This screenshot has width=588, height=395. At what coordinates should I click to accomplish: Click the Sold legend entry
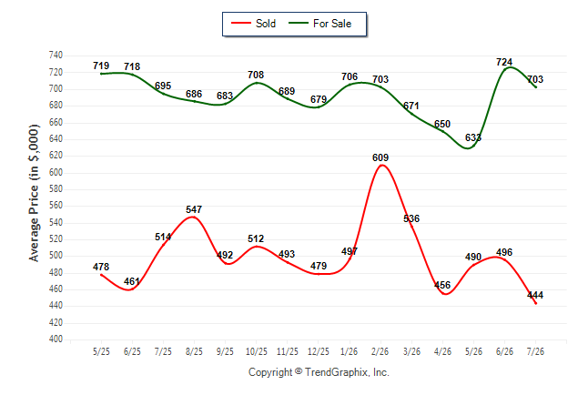pyautogui.click(x=254, y=24)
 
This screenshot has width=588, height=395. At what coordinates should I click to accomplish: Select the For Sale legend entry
pyautogui.click(x=319, y=24)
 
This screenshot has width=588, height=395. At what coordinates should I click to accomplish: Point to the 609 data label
pyautogui.click(x=380, y=157)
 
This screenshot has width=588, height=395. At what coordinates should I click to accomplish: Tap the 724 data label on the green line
pyautogui.click(x=504, y=62)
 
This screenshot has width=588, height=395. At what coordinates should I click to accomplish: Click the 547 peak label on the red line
pyautogui.click(x=194, y=209)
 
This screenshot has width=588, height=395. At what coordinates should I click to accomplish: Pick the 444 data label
pyautogui.click(x=535, y=295)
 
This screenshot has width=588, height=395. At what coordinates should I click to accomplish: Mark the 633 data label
pyautogui.click(x=473, y=137)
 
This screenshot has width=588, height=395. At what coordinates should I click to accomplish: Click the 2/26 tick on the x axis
pyautogui.click(x=380, y=351)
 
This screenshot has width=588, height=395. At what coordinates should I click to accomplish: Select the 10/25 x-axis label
pyautogui.click(x=257, y=351)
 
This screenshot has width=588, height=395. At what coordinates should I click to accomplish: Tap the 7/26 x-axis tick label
pyautogui.click(x=535, y=351)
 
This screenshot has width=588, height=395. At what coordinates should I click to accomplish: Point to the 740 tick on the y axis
pyautogui.click(x=56, y=56)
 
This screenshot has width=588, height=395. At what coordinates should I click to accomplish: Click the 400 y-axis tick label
pyautogui.click(x=56, y=339)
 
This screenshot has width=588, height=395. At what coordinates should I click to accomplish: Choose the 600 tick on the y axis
pyautogui.click(x=56, y=172)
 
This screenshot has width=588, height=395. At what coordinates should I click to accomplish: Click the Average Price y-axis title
pyautogui.click(x=34, y=193)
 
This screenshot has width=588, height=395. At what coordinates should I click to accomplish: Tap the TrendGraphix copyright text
pyautogui.click(x=319, y=372)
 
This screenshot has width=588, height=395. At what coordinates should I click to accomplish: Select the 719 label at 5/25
pyautogui.click(x=101, y=66)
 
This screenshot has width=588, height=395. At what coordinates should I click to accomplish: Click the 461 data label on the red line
pyautogui.click(x=132, y=281)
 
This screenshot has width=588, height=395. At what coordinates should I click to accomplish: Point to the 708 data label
pyautogui.click(x=256, y=75)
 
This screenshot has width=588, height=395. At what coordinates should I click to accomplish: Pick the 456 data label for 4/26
pyautogui.click(x=442, y=285)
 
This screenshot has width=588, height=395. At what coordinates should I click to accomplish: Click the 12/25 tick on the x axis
pyautogui.click(x=319, y=351)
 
